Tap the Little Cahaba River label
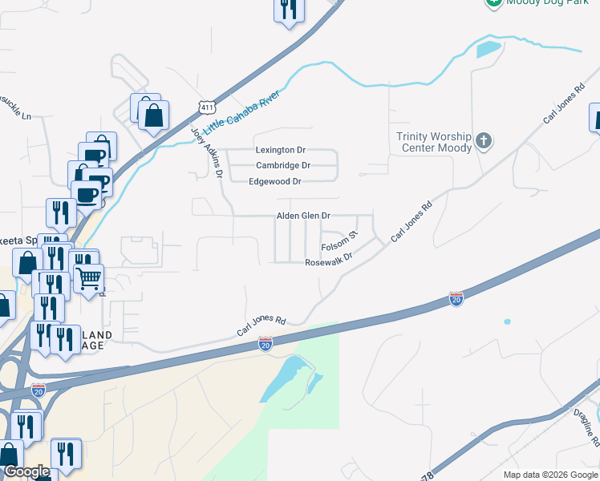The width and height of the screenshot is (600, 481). [x=241, y=112]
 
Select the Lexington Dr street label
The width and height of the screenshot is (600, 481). [x=280, y=150]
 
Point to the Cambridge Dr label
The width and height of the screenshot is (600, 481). [x=282, y=165]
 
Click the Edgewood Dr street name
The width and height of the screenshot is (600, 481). [x=275, y=182]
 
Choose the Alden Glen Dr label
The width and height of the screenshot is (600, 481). [x=303, y=216]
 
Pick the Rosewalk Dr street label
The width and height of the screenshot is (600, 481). [x=329, y=263]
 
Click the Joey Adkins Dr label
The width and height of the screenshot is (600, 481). [x=206, y=152]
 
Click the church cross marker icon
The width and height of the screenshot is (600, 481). [x=483, y=141]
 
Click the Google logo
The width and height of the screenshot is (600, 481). [x=26, y=471]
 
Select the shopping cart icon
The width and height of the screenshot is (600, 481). [x=88, y=277]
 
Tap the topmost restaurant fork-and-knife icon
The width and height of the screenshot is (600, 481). [x=287, y=10]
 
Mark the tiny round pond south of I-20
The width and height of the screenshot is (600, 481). [x=507, y=322]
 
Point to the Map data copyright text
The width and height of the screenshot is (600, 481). [x=550, y=475]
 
